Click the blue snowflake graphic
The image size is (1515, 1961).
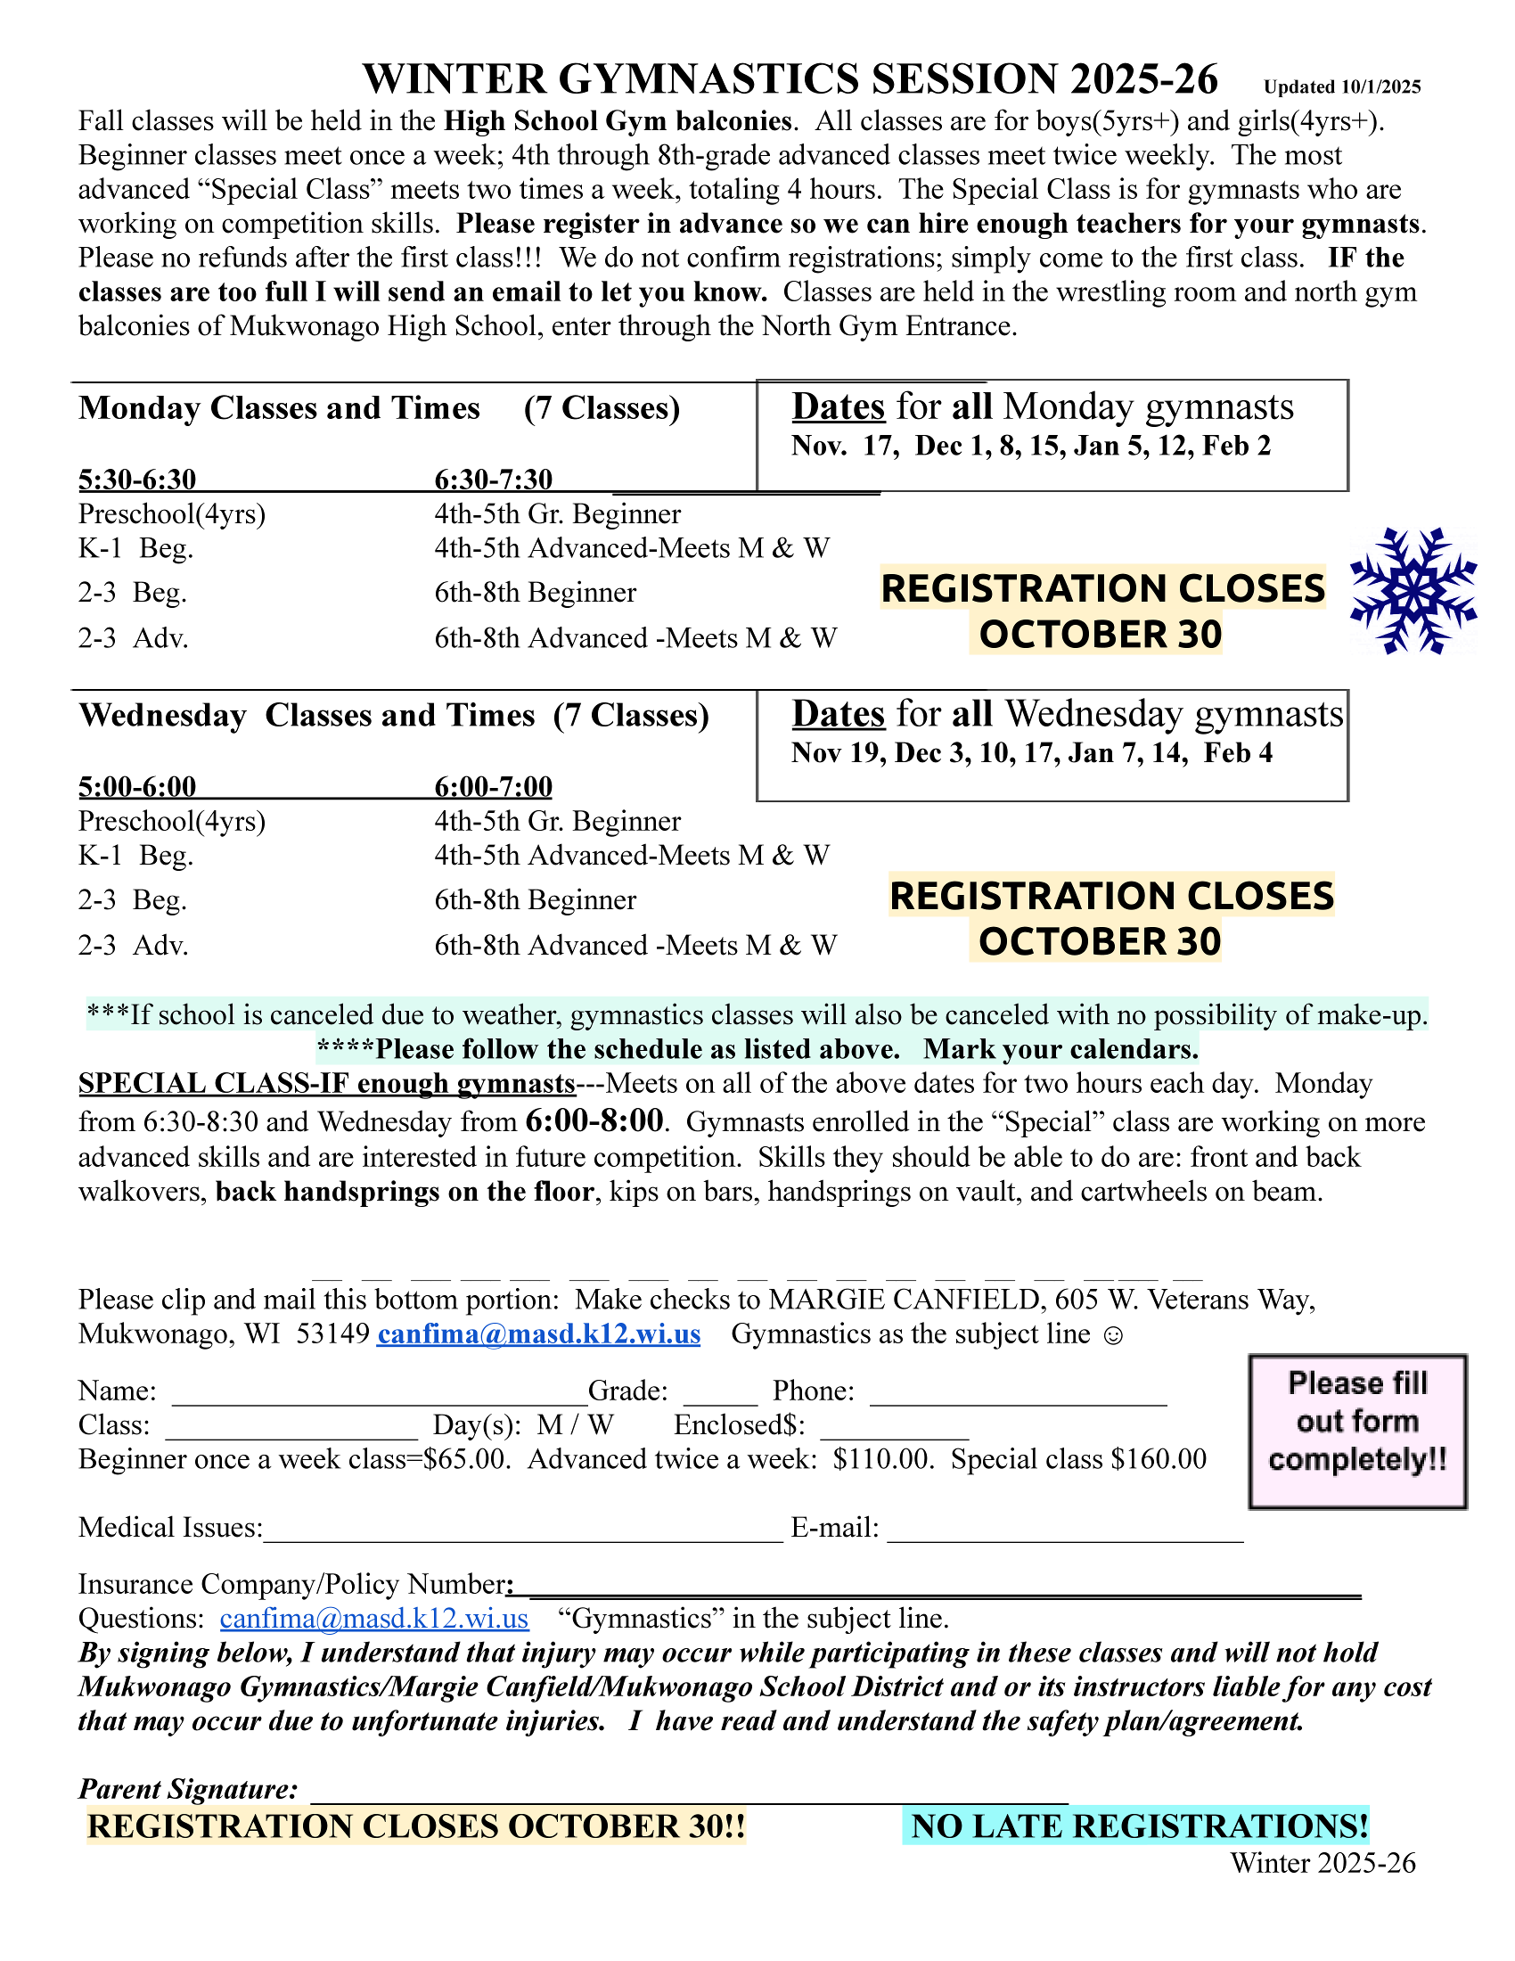(x=1413, y=590)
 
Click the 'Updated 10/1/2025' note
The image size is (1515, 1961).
(x=1342, y=87)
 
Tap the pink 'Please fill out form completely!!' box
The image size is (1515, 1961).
(x=1357, y=1432)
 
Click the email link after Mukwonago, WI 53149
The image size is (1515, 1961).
(x=538, y=1334)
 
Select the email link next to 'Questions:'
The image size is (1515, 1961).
(x=374, y=1618)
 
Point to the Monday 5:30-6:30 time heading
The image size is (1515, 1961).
(x=137, y=480)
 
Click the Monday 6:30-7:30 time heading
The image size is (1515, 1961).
(x=494, y=480)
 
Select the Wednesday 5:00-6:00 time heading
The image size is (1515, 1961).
(x=137, y=786)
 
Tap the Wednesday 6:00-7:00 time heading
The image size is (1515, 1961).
(x=494, y=786)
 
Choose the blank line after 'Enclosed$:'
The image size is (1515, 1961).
(x=894, y=1433)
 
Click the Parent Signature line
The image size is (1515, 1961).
(x=688, y=1794)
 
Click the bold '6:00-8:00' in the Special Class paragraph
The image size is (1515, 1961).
(x=594, y=1120)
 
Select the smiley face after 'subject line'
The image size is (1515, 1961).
(x=1112, y=1335)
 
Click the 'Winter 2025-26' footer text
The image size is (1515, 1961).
(x=1322, y=1863)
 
